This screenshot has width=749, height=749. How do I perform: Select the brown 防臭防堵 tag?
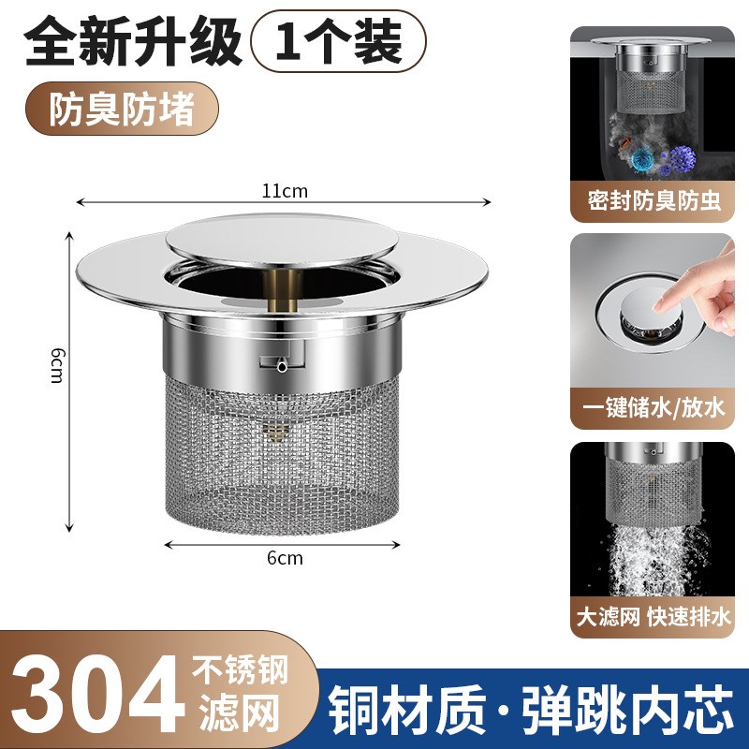point(122,110)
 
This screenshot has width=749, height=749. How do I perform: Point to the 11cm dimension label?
point(285,192)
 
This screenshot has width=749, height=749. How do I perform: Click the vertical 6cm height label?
point(57,365)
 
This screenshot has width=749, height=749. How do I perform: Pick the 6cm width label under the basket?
point(285,558)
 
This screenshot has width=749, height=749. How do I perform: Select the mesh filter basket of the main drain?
point(284,449)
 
